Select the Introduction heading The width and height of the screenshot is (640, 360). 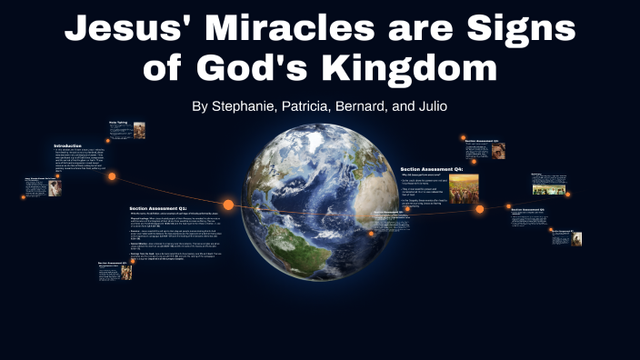click(x=68, y=145)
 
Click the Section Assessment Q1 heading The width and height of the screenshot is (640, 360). click(x=158, y=208)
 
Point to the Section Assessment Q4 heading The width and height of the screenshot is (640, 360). click(x=432, y=169)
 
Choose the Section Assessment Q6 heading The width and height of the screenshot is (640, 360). click(x=527, y=209)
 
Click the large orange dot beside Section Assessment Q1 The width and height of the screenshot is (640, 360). click(x=228, y=205)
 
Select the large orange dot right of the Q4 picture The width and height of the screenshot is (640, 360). click(x=479, y=209)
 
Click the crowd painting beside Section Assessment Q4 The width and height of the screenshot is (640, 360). click(x=464, y=189)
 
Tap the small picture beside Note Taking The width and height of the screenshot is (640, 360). click(x=139, y=130)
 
